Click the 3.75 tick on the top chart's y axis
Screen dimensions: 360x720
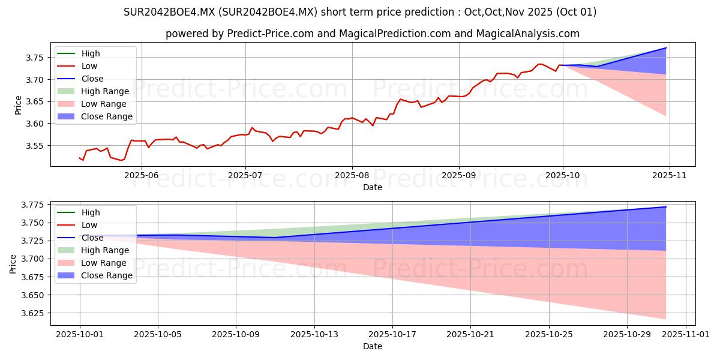(x=36, y=58)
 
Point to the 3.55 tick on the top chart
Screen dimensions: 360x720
(x=36, y=146)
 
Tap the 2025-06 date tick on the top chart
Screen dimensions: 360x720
(x=142, y=175)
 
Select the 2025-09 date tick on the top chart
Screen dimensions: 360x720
(x=459, y=175)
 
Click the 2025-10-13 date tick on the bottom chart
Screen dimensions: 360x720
(x=314, y=334)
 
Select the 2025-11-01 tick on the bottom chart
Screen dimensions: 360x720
(x=686, y=334)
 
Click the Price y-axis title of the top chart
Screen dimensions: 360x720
(x=17, y=105)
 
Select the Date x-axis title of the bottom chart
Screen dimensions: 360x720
(x=373, y=346)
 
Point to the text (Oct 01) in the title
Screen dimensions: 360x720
(x=575, y=12)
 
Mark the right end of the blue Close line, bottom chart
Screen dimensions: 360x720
(x=666, y=207)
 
